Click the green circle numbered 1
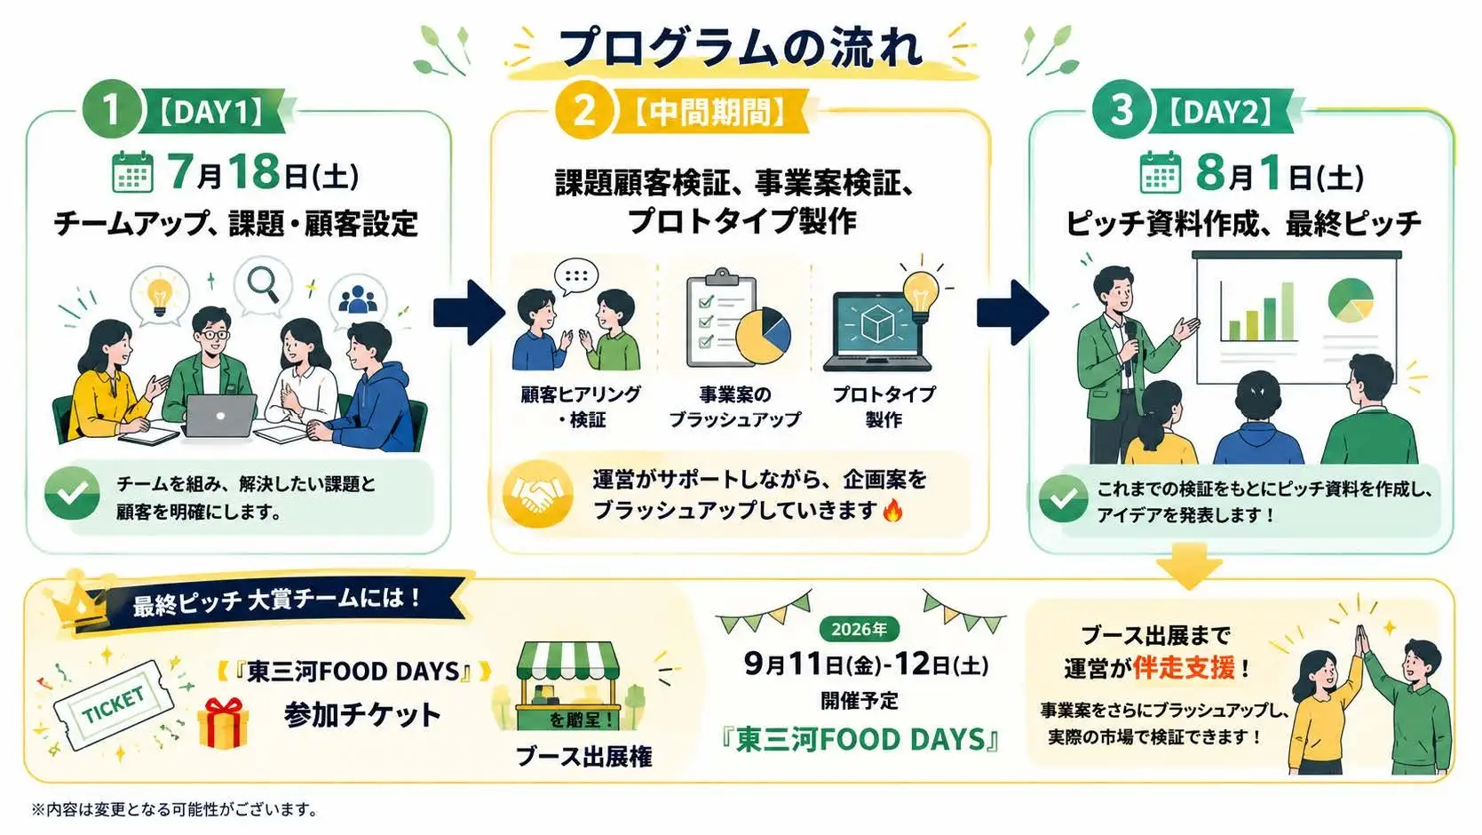111,110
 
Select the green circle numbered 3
1122,110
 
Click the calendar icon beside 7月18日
132,172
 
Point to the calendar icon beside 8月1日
1161,172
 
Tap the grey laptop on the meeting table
219,416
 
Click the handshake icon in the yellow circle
537,494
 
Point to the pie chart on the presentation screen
1351,300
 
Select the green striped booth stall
567,686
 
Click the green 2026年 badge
860,629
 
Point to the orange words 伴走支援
1184,668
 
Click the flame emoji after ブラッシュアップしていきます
892,510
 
